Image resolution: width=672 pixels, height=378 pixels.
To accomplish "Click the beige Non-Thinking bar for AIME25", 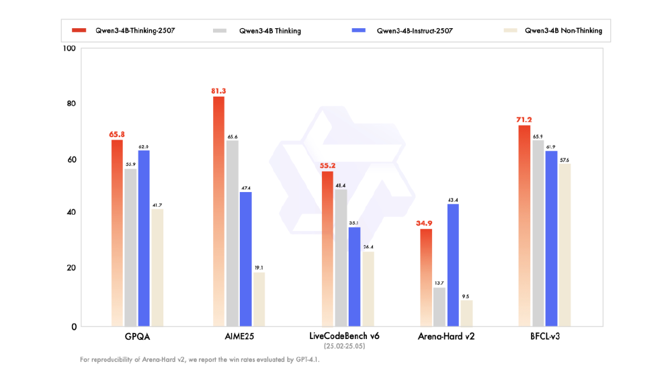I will pyautogui.click(x=258, y=299).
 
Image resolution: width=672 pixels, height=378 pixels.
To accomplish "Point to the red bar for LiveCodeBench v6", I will pyautogui.click(x=327, y=248).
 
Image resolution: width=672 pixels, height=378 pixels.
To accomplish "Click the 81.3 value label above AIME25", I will pyautogui.click(x=219, y=91).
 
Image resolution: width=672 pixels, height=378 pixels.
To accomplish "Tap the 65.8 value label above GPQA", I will pyautogui.click(x=117, y=134).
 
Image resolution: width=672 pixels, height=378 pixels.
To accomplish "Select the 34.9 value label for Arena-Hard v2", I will pyautogui.click(x=426, y=223).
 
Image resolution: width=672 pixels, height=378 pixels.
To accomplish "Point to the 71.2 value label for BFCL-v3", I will pyautogui.click(x=524, y=120).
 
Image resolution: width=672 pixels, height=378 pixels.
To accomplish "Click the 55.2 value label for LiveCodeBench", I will pyautogui.click(x=327, y=165).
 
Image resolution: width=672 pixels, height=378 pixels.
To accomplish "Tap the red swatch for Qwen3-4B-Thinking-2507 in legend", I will pyautogui.click(x=79, y=31).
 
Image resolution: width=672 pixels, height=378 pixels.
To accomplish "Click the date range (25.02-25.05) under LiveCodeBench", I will pyautogui.click(x=343, y=346).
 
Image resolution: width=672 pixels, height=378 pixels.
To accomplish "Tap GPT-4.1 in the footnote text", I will pyautogui.click(x=306, y=360).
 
